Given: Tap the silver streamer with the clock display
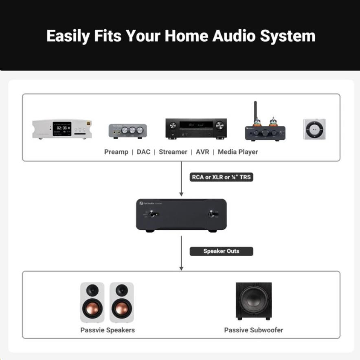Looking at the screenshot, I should pyautogui.click(x=62, y=129).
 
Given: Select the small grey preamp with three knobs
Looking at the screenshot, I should pyautogui.click(x=127, y=131).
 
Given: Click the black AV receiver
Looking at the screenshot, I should pyautogui.click(x=196, y=128).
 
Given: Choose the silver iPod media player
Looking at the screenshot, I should pyautogui.click(x=314, y=129).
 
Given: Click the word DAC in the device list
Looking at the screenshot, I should pyautogui.click(x=143, y=152).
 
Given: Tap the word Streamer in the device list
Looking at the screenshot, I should pyautogui.click(x=173, y=152).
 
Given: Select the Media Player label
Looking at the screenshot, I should pyautogui.click(x=238, y=152).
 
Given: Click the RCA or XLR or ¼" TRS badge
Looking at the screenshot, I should pyautogui.click(x=221, y=177).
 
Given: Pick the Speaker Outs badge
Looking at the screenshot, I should pyautogui.click(x=221, y=251).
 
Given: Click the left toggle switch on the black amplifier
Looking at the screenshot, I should pyautogui.click(x=153, y=214).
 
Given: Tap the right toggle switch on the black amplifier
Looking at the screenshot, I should pyautogui.click(x=212, y=214).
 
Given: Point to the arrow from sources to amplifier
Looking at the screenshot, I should pyautogui.click(x=181, y=179).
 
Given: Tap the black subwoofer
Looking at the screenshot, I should pyautogui.click(x=253, y=301).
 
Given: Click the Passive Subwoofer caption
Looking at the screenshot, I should pyautogui.click(x=253, y=330).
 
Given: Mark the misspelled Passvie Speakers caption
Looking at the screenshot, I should pyautogui.click(x=108, y=330).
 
